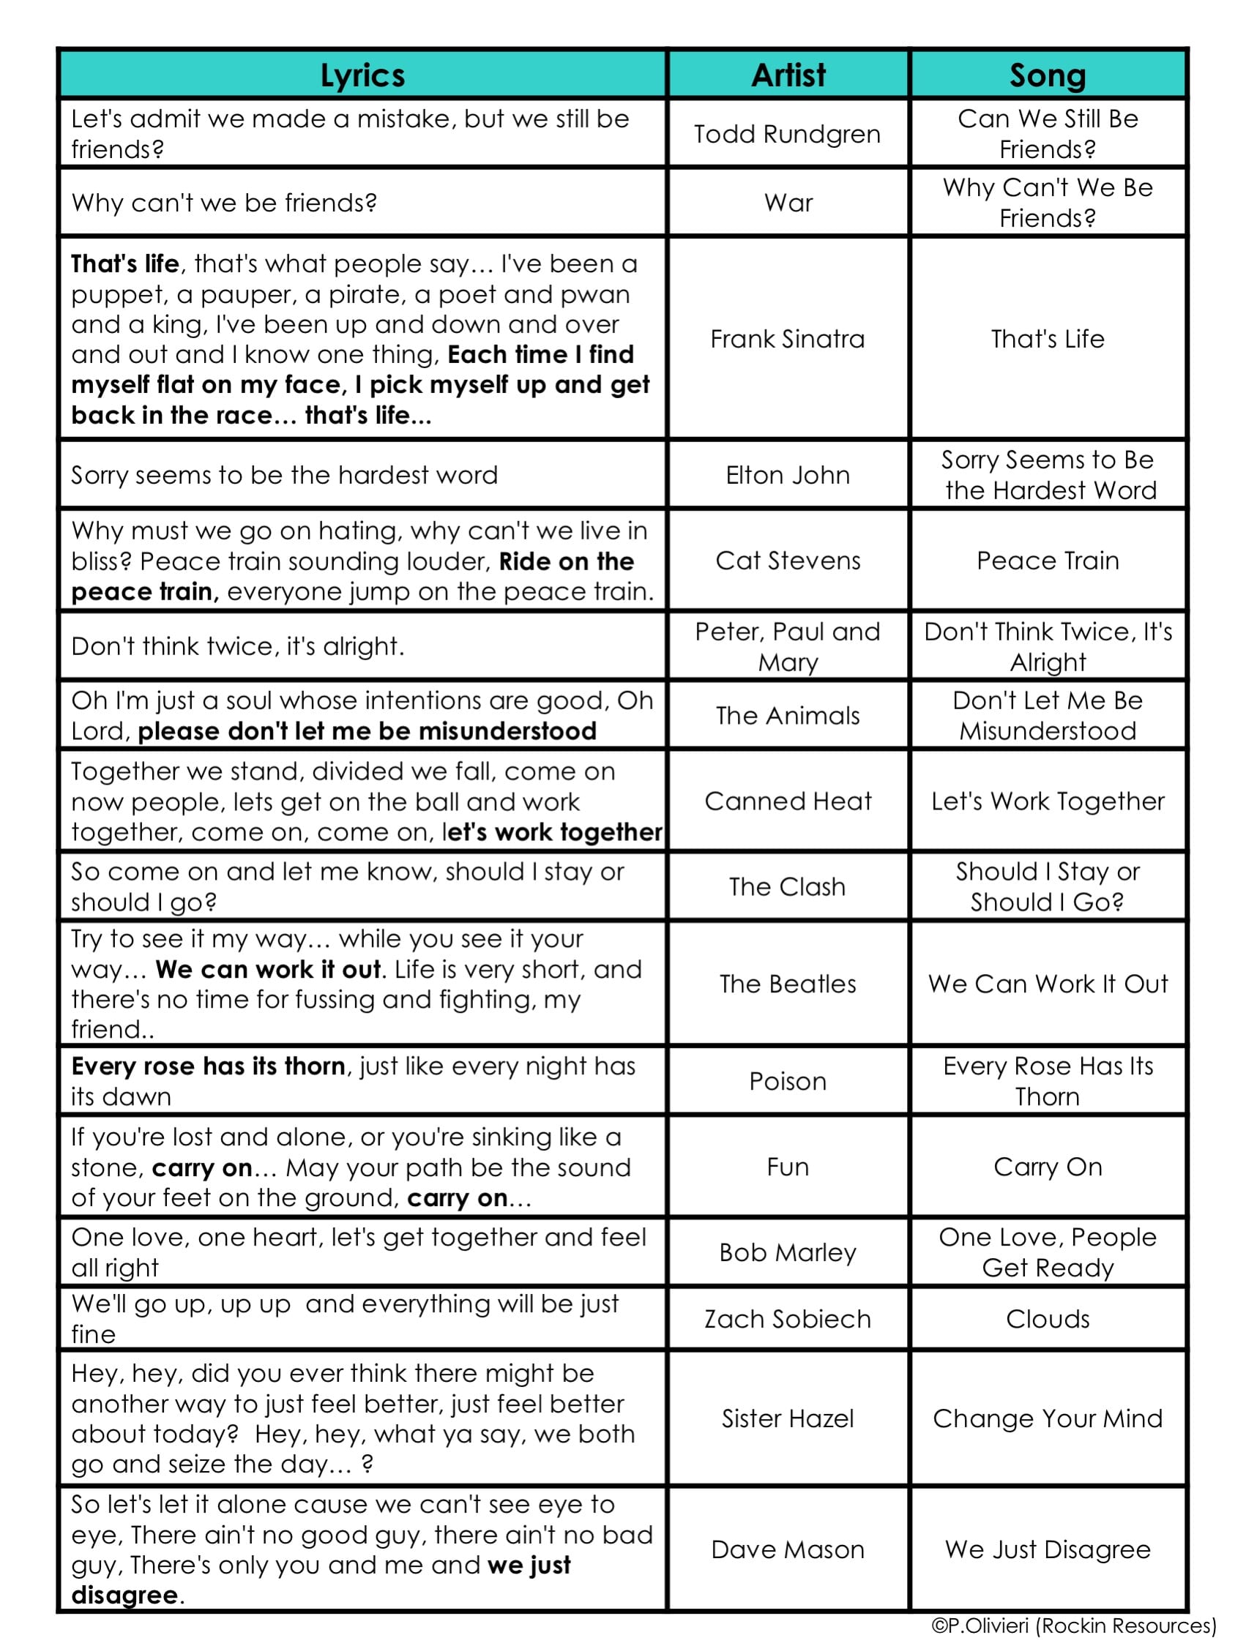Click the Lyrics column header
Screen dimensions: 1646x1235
click(362, 75)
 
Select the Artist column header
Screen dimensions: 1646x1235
click(788, 75)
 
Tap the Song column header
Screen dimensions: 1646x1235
click(1047, 75)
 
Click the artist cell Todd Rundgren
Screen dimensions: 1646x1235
click(787, 134)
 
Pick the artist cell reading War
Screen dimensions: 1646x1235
click(788, 203)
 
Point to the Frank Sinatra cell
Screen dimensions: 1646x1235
click(787, 339)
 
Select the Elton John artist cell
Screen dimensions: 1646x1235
click(787, 475)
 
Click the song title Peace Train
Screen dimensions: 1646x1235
click(1047, 561)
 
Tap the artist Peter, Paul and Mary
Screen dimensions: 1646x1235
click(787, 646)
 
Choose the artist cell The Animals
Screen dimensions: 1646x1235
click(787, 715)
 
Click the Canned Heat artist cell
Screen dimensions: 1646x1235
click(787, 801)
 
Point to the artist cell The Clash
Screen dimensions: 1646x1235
click(787, 886)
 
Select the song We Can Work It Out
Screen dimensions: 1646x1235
click(1047, 984)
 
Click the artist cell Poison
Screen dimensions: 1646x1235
click(787, 1080)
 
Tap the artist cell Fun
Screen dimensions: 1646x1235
click(787, 1166)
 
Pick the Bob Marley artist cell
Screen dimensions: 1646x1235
click(787, 1252)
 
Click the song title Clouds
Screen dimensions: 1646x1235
click(1047, 1319)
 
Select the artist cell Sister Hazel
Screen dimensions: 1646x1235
click(787, 1418)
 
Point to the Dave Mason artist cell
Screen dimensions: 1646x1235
click(787, 1549)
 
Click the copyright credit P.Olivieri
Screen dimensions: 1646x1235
click(1072, 1626)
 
